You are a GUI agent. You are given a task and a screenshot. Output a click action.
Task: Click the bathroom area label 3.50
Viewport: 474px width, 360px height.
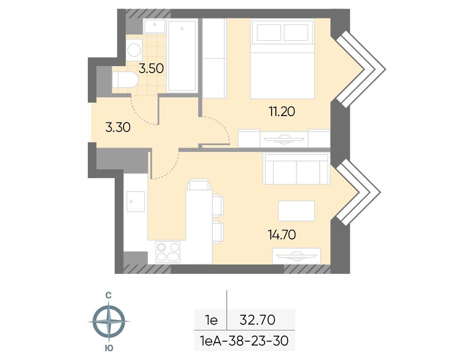coord(151,68)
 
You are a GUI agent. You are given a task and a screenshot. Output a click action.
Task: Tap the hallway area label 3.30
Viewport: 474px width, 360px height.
coord(118,128)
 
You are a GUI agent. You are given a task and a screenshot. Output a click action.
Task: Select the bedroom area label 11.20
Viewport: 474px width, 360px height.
coord(282,112)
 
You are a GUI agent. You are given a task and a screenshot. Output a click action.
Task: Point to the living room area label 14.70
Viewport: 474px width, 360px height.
coord(282,235)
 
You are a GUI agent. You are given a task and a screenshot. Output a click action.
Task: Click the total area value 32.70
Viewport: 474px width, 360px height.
coord(257,320)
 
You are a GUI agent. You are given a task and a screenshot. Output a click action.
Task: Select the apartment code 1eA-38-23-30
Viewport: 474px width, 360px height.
coord(244,341)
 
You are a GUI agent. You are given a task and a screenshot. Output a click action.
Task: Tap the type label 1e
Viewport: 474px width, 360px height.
coord(211,320)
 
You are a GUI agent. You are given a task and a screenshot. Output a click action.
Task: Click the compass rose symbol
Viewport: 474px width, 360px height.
coord(109,322)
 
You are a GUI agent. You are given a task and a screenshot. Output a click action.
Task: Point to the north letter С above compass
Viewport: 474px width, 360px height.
coord(108,295)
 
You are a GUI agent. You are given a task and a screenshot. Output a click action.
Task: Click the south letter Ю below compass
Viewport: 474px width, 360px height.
coord(109,348)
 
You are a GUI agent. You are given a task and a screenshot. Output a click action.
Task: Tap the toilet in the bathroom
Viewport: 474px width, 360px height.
coord(125,80)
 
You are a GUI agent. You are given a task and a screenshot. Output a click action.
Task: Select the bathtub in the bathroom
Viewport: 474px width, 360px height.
coord(182,56)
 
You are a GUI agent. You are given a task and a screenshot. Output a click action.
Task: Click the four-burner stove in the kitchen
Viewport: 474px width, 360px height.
coord(168,252)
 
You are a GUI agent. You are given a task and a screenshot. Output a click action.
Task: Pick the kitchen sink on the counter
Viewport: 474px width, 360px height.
coord(136,201)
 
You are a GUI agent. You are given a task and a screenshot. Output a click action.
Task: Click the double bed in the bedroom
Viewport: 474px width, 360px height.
coord(282,59)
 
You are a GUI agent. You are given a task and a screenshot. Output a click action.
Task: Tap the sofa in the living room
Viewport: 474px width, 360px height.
coord(297,169)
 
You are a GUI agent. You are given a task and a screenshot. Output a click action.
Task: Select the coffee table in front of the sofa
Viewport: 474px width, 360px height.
coord(297,211)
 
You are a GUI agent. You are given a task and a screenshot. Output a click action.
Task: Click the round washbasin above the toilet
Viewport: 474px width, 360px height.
coord(134,49)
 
